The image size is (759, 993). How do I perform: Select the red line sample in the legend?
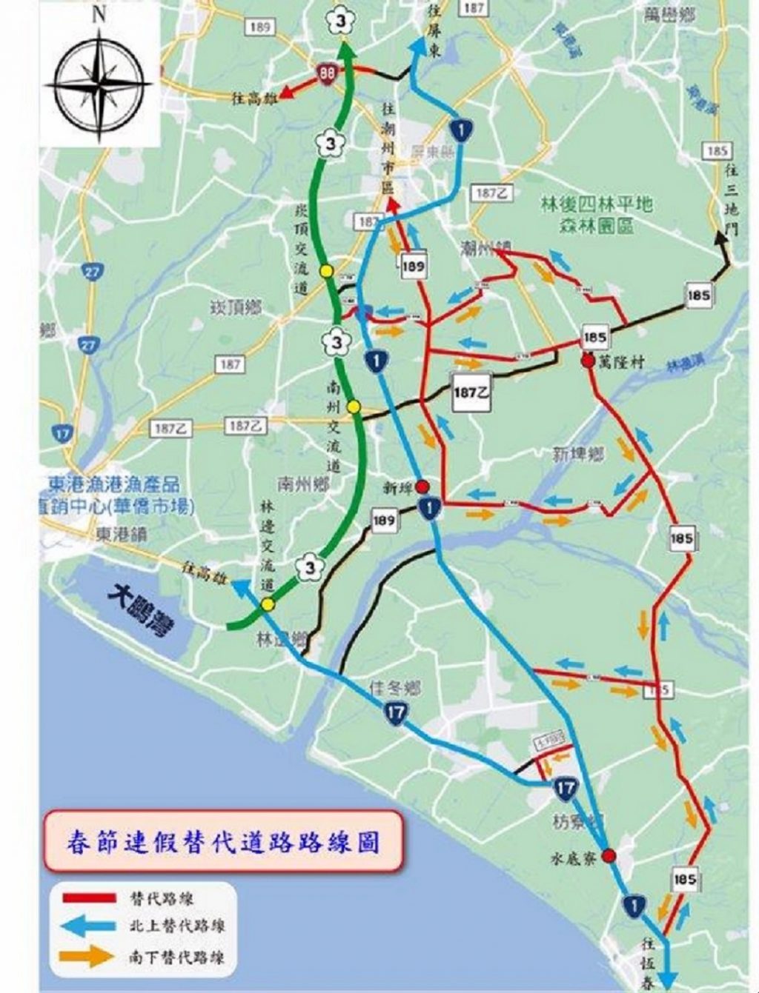(90, 898)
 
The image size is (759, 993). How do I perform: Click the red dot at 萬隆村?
(589, 361)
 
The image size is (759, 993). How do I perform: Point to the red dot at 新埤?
(422, 487)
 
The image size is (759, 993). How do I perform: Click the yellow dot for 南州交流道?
(354, 407)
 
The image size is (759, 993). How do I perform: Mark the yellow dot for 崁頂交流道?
(325, 271)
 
